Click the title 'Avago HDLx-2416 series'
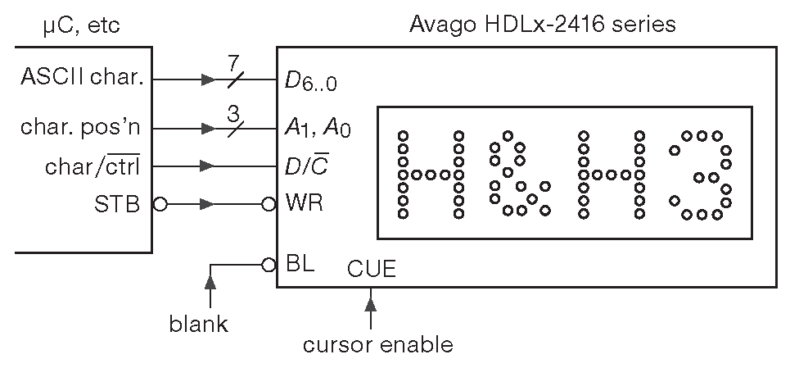pyautogui.click(x=542, y=25)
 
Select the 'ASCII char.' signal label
pyautogui.click(x=83, y=80)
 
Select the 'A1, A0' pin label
pyautogui.click(x=318, y=129)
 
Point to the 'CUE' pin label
pyautogui.click(x=371, y=268)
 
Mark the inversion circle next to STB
pyautogui.click(x=160, y=205)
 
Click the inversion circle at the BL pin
pyautogui.click(x=268, y=265)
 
